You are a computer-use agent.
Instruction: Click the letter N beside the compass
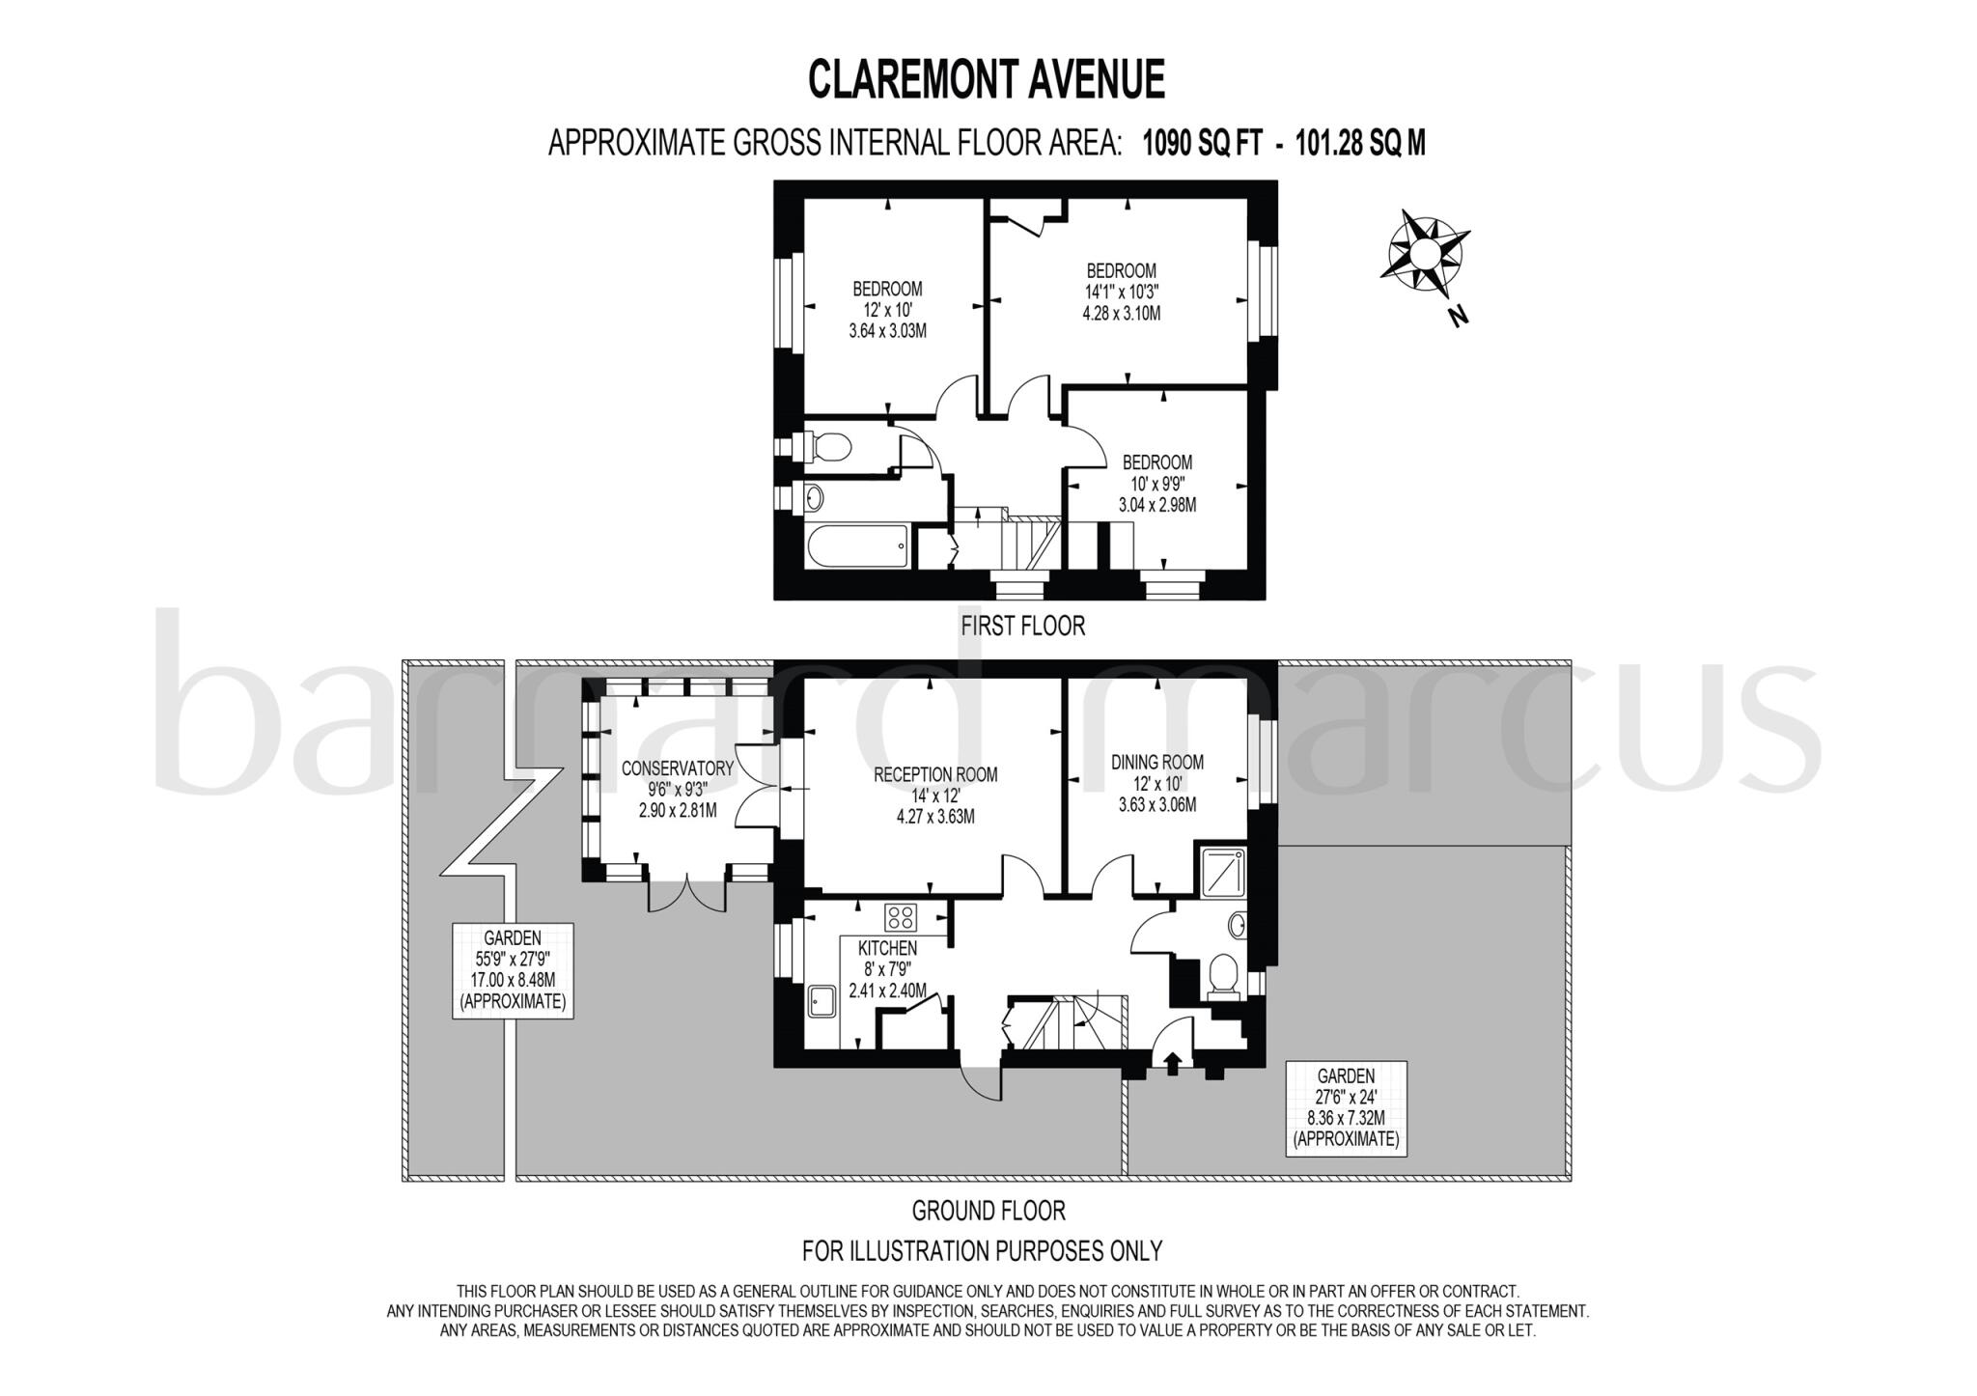point(1459,315)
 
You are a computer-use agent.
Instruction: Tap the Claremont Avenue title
point(986,80)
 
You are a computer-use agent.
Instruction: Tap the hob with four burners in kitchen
point(902,916)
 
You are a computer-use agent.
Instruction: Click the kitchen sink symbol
point(822,1000)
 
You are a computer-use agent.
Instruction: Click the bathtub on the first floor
point(856,549)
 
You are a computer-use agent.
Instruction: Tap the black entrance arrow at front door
point(1173,1064)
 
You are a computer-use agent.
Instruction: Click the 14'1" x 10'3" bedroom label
point(1121,292)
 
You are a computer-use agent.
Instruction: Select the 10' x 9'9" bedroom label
point(1156,484)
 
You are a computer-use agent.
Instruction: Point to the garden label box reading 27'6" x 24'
point(1346,1107)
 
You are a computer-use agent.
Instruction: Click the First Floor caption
point(1022,626)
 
